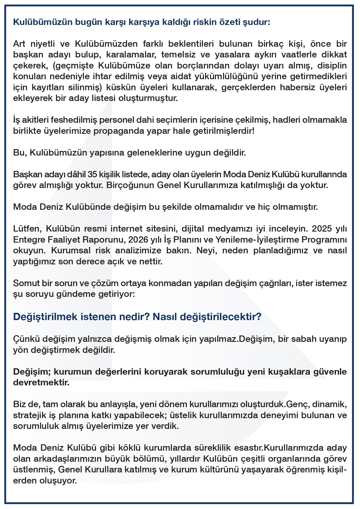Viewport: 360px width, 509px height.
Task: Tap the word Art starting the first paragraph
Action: pos(19,44)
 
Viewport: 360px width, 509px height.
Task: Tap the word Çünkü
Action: pos(26,339)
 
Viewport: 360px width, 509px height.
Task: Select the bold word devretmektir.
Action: pos(41,382)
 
